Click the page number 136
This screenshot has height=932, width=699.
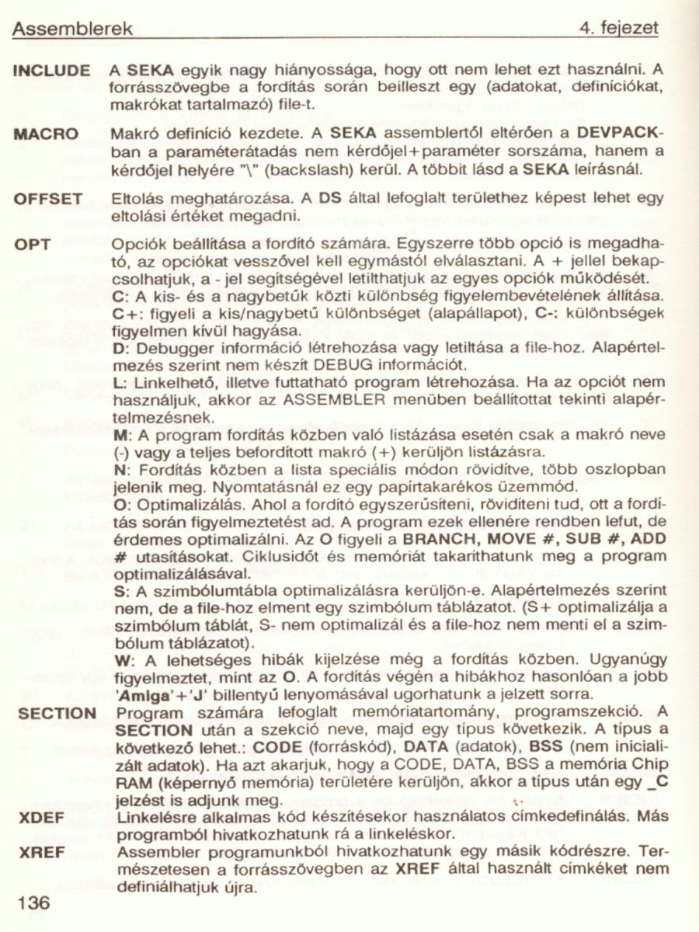tap(32, 902)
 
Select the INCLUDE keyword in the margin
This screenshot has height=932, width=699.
tap(52, 69)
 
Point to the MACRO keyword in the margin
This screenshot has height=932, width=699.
tap(47, 134)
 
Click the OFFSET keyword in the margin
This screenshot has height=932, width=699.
tap(49, 199)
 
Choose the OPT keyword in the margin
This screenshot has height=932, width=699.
tap(33, 245)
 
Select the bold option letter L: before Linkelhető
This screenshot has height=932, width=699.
tap(120, 383)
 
